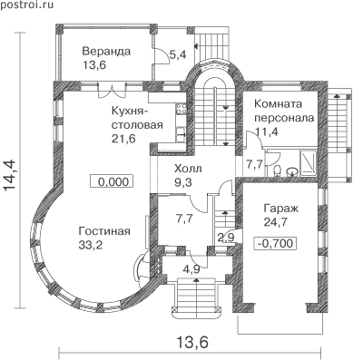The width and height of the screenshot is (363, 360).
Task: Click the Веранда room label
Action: point(106,51)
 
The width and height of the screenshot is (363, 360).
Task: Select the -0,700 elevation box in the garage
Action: point(275,243)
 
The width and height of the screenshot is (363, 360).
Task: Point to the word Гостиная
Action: point(104,231)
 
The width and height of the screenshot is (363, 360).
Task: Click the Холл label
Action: point(188,169)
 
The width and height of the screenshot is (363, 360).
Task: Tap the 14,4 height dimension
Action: point(11,175)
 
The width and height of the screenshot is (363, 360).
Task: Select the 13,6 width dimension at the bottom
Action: point(192,343)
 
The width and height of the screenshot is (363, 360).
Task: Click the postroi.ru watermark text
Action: point(26,5)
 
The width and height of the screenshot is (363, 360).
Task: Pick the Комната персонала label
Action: point(284,111)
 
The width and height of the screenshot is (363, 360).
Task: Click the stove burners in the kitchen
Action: point(181,108)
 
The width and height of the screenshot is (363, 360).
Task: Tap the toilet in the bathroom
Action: point(277,170)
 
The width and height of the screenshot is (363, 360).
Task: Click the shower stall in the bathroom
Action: point(309,162)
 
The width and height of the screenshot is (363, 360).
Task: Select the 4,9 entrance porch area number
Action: point(191,268)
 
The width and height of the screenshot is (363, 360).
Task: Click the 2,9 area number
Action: point(226,237)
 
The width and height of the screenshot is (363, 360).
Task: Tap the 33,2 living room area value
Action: point(91,245)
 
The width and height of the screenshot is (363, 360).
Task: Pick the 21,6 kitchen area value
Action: point(123,139)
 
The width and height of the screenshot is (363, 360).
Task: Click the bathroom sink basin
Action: point(292,171)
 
